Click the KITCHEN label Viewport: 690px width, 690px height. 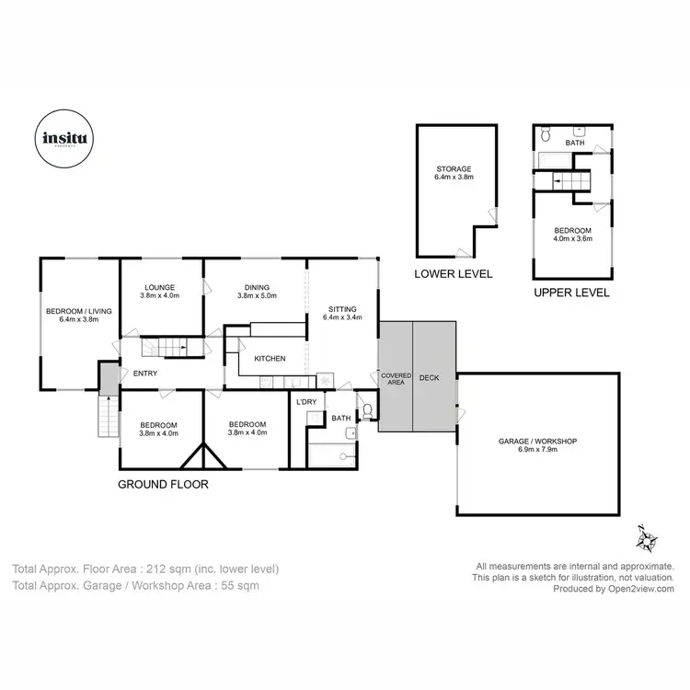coord(270,359)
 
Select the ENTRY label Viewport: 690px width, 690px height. coord(145,373)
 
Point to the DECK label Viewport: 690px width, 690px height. coord(430,377)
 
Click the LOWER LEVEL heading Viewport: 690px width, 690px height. coord(454,273)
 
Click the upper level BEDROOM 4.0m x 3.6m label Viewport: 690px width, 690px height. coord(572,235)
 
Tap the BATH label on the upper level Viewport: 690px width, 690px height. coord(575,144)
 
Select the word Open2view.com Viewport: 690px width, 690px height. coord(640,589)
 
